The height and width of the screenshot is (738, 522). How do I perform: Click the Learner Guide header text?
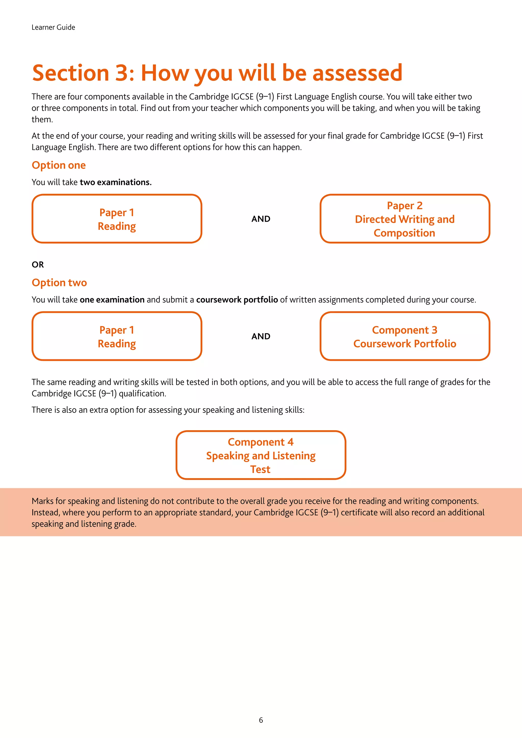(53, 27)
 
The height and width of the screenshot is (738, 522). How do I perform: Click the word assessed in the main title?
(357, 73)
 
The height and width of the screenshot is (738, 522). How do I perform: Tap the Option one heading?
(59, 165)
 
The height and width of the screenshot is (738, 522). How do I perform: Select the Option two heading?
(59, 283)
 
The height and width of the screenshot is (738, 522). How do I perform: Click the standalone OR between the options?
(38, 265)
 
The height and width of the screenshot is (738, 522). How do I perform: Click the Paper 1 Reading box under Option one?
(117, 219)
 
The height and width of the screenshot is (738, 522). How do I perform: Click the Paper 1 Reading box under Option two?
(117, 336)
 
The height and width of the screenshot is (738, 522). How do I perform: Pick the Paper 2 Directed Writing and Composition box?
(405, 219)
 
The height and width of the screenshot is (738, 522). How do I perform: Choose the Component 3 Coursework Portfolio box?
(405, 336)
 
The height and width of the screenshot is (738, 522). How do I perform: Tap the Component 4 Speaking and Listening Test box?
(261, 455)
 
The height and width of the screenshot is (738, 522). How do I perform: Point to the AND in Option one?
(261, 219)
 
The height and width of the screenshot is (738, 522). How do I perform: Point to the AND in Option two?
(261, 336)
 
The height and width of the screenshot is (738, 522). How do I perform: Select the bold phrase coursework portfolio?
(237, 300)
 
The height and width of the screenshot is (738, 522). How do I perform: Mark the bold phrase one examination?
(112, 300)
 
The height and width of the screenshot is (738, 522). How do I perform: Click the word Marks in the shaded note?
(43, 501)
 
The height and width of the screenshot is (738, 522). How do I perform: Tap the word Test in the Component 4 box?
(260, 469)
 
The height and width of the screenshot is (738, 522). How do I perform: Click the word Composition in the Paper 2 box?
(404, 233)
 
